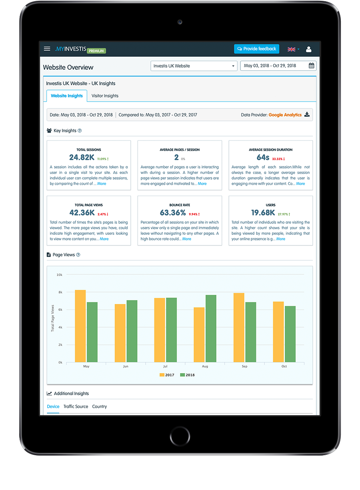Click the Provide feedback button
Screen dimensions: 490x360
click(256, 49)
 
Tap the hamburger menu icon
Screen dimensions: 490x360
click(47, 49)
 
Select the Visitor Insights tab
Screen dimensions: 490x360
click(105, 96)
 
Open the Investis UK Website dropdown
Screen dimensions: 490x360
click(194, 66)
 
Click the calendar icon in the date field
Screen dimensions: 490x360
click(312, 66)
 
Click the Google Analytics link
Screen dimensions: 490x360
click(285, 115)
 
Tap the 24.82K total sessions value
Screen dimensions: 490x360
click(82, 158)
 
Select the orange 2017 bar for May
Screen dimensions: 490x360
click(80, 326)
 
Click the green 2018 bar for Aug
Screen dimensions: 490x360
click(211, 329)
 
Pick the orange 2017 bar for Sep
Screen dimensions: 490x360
click(239, 328)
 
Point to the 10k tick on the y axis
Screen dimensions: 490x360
click(59, 275)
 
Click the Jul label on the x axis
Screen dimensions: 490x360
click(166, 366)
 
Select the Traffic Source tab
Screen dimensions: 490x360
click(76, 406)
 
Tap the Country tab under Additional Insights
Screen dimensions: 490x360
click(100, 406)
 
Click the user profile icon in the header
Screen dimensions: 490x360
click(308, 49)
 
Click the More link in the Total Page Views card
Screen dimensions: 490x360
click(104, 239)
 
